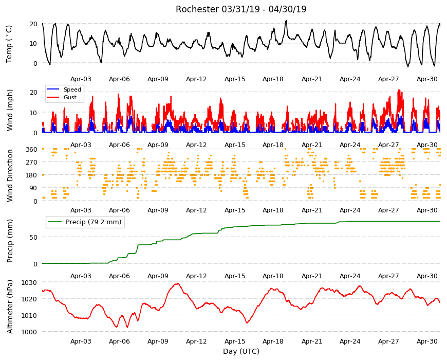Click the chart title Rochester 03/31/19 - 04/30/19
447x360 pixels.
[x=241, y=9]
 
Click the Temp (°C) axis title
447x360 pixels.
[x=9, y=44]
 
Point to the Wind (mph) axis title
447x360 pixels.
[x=10, y=110]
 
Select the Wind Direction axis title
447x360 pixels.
[x=10, y=175]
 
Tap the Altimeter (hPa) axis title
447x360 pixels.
[x=10, y=307]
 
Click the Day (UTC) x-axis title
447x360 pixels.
[x=241, y=351]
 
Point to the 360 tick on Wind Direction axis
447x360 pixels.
[x=32, y=149]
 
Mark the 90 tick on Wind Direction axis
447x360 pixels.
[x=33, y=188]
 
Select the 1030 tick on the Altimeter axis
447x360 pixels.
[x=29, y=282]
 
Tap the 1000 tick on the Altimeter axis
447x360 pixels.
[x=29, y=332]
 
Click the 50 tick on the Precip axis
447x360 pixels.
[x=33, y=237]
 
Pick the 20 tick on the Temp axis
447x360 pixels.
[x=33, y=24]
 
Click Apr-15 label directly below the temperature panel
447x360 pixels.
[x=235, y=79]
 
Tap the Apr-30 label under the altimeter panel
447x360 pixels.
[x=427, y=341]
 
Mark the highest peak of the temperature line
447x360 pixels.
[x=286, y=21]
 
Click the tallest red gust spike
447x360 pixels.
[x=399, y=91]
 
